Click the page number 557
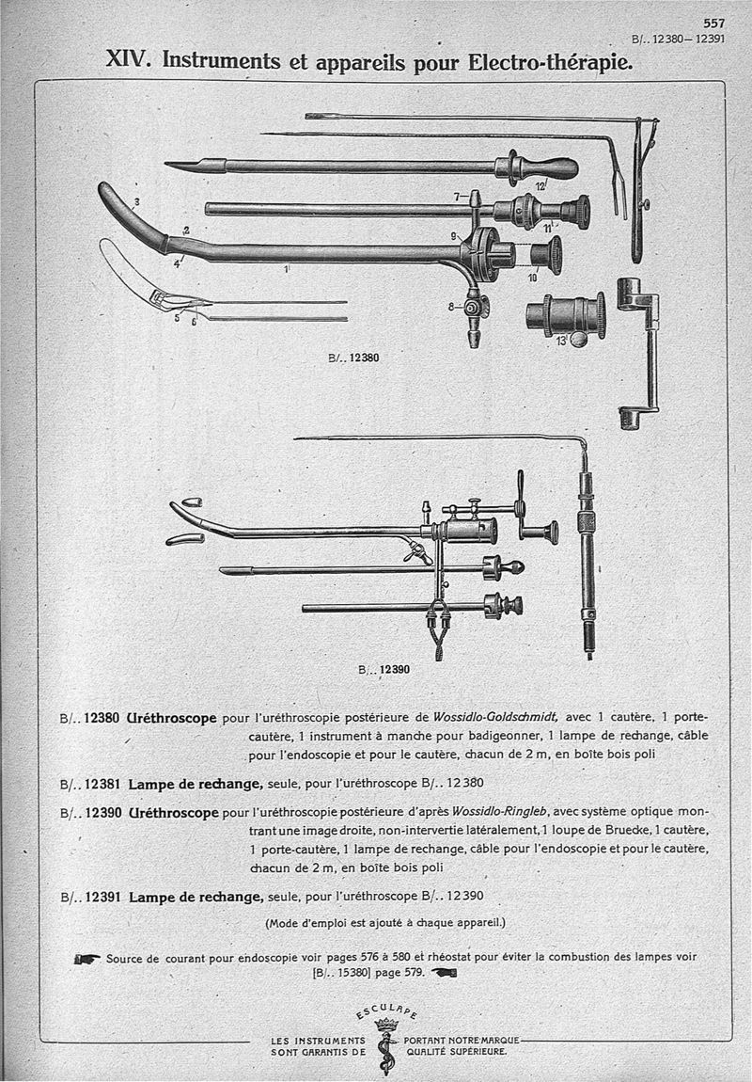coord(713,24)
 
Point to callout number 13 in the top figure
coord(561,340)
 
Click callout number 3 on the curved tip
coord(137,201)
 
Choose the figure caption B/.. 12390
coord(385,671)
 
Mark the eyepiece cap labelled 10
coord(545,254)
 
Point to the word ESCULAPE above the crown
coord(387,1012)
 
